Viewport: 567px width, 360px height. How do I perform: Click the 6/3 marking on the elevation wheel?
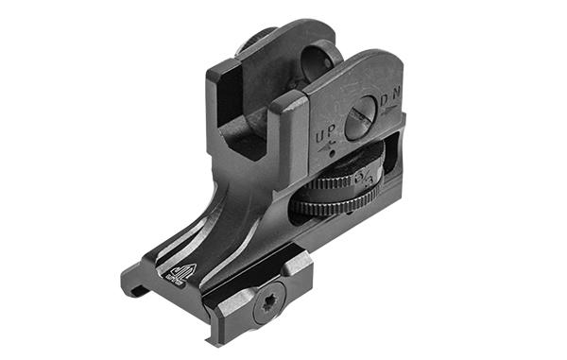pos(368,179)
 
